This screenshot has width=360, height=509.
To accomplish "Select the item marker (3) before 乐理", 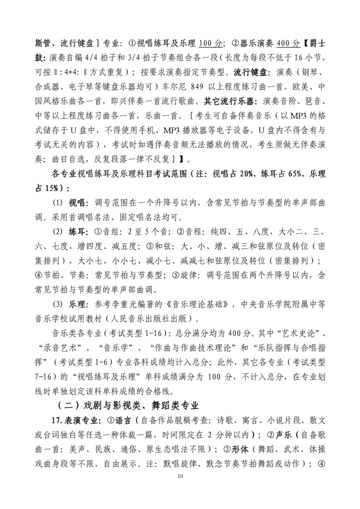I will [58, 304].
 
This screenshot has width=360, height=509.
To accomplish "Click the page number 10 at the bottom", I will [179, 477].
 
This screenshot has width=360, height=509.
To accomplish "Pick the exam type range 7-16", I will [45, 376].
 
